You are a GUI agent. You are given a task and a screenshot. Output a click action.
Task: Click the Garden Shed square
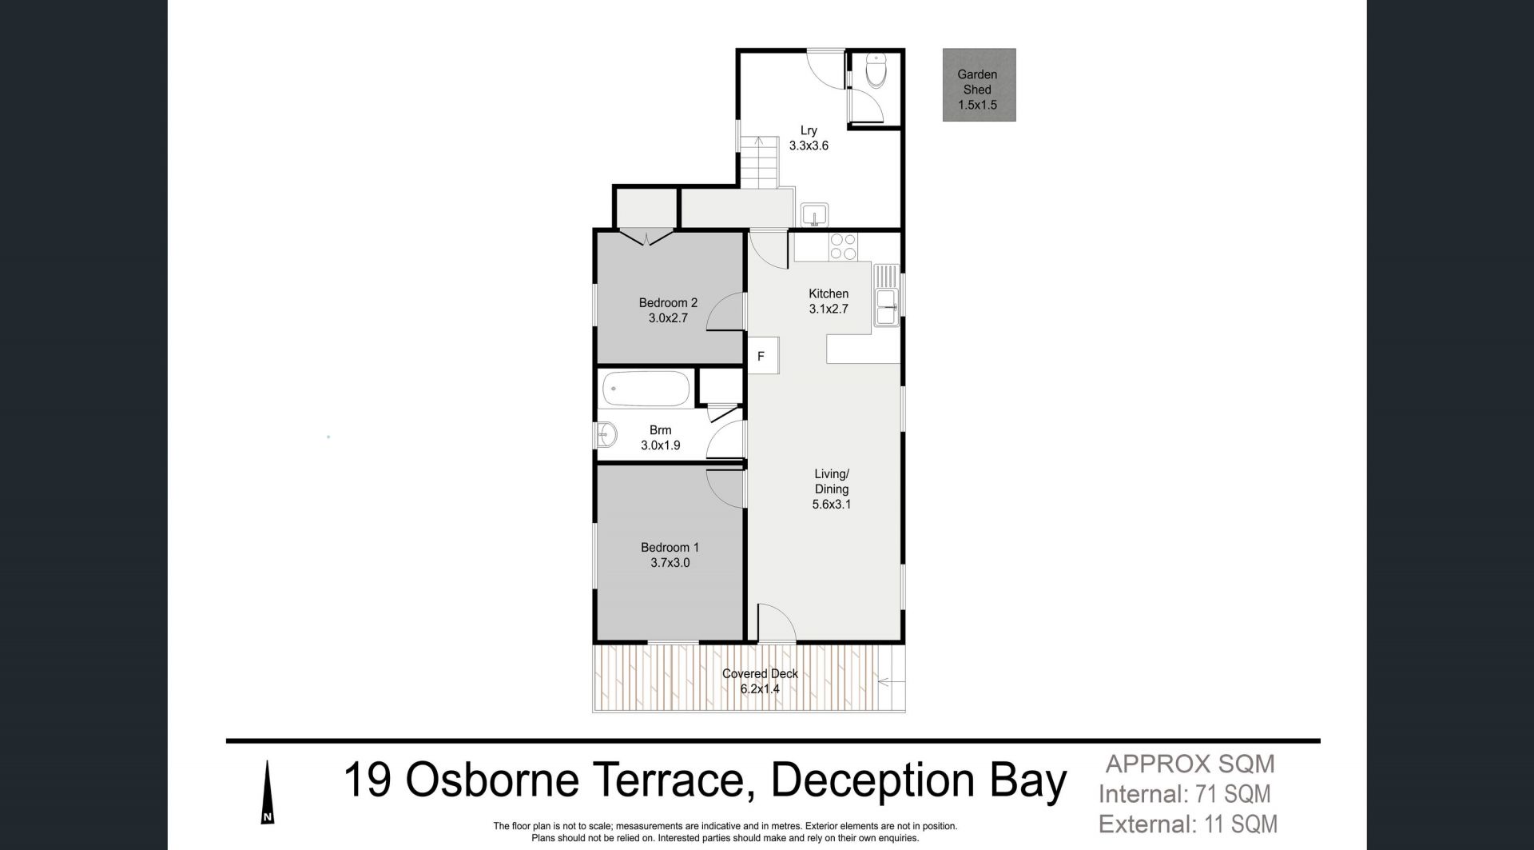pyautogui.click(x=979, y=85)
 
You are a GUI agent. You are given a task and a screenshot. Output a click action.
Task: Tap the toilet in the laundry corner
pyautogui.click(x=876, y=70)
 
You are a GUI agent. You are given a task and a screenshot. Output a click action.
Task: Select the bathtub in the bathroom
pyautogui.click(x=646, y=389)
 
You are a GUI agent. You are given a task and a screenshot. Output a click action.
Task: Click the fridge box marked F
pyautogui.click(x=761, y=356)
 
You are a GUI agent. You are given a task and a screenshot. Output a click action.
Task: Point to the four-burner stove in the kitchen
pyautogui.click(x=843, y=246)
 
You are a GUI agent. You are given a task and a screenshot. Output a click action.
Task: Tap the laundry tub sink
pyautogui.click(x=815, y=214)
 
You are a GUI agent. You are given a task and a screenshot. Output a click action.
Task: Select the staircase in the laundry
pyautogui.click(x=758, y=162)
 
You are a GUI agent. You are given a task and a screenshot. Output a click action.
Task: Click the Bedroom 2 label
pyautogui.click(x=668, y=303)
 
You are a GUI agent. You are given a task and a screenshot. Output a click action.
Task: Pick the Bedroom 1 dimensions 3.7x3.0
pyautogui.click(x=670, y=563)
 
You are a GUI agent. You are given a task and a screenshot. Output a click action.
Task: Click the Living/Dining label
pyautogui.click(x=832, y=481)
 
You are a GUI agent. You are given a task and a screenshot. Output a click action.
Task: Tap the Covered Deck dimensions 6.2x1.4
pyautogui.click(x=760, y=688)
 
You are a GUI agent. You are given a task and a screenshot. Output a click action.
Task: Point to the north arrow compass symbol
pyautogui.click(x=268, y=792)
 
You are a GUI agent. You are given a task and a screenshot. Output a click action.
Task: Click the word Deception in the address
pyautogui.click(x=874, y=781)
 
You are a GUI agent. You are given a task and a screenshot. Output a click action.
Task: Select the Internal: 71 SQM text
pyautogui.click(x=1185, y=795)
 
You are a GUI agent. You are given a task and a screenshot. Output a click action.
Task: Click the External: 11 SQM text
pyautogui.click(x=1188, y=824)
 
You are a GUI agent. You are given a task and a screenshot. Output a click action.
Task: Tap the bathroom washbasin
pyautogui.click(x=606, y=435)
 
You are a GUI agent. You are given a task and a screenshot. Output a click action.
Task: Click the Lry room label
pyautogui.click(x=809, y=130)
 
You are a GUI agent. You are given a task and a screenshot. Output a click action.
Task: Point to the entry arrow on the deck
pyautogui.click(x=891, y=682)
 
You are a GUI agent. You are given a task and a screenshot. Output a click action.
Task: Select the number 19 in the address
pyautogui.click(x=368, y=780)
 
